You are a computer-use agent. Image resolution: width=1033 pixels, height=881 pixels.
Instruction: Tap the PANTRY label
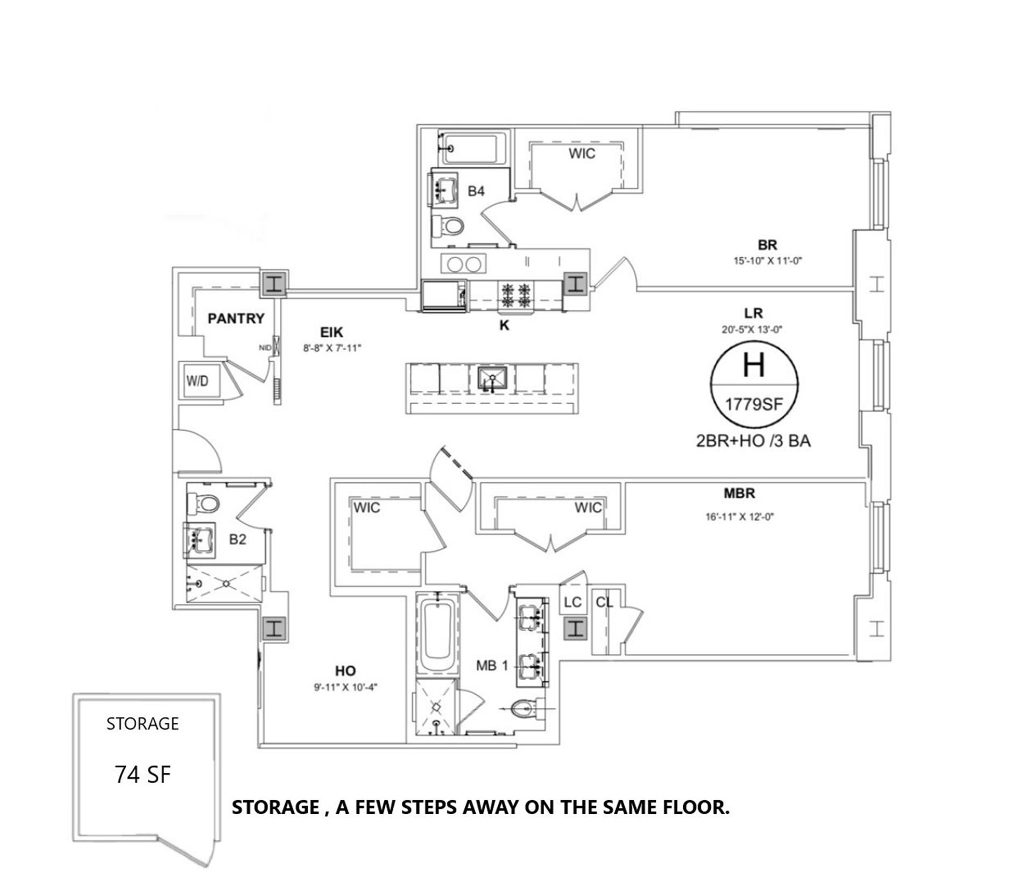point(236,319)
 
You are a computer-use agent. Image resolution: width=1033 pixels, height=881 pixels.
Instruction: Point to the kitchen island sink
point(492,379)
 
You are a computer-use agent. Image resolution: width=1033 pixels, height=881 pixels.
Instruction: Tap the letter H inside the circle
point(753,365)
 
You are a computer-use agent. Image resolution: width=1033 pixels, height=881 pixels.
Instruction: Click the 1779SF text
point(754,404)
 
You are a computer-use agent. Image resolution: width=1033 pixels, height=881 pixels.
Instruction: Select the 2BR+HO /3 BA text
point(753,441)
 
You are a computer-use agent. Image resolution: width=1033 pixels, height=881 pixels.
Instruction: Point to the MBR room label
point(739,493)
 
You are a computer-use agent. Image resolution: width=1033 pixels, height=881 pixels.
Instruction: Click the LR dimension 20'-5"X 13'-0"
point(752,329)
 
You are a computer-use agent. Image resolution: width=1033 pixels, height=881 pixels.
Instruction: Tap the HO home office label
point(345,671)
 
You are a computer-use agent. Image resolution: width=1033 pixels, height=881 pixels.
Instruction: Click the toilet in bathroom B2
point(205,503)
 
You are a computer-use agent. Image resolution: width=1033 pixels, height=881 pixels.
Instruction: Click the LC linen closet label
point(572,602)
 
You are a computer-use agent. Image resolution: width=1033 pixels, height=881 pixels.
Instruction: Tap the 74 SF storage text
point(143,775)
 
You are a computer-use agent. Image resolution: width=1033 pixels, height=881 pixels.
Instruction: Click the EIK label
point(331,333)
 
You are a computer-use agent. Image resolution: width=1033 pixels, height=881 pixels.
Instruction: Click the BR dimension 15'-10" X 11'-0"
point(768,261)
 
